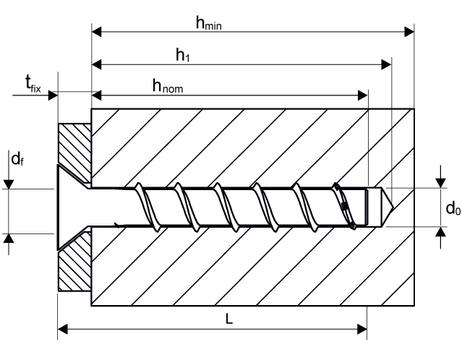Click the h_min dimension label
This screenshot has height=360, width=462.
point(208,22)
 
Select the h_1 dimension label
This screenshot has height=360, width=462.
point(182,55)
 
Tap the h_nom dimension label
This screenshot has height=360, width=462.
point(166,86)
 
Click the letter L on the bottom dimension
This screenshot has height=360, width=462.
point(229,319)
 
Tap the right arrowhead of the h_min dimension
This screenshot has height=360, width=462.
point(408,31)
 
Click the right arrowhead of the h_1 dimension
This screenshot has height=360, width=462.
point(386,64)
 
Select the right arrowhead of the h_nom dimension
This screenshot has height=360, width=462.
point(363,95)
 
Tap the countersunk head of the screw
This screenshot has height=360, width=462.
point(69,207)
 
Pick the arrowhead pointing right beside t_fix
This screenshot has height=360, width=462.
point(52,95)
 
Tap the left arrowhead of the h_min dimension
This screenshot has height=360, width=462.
point(96,31)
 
